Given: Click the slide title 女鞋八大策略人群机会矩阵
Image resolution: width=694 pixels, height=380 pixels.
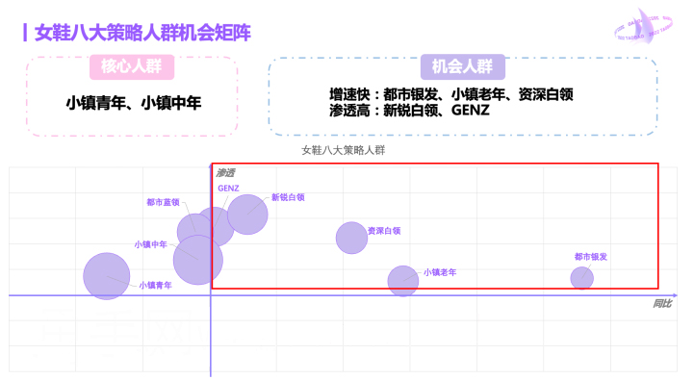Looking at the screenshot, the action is click(x=142, y=33).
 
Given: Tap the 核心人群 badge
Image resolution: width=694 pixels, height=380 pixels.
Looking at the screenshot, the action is click(x=132, y=67).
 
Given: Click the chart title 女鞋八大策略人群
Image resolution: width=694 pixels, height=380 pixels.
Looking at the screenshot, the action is click(x=343, y=150).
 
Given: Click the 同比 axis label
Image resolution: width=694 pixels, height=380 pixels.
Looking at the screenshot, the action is click(x=662, y=304).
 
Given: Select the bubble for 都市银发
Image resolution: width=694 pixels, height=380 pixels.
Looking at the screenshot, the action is click(x=581, y=278).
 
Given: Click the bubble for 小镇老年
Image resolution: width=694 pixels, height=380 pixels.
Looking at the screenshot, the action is click(x=403, y=280).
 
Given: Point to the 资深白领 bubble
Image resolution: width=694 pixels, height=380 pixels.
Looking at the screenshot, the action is click(x=351, y=237).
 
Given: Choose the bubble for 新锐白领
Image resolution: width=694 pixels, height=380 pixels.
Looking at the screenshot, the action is click(x=247, y=215).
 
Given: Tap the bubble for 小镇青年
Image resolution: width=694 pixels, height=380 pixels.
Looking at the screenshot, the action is click(x=106, y=276).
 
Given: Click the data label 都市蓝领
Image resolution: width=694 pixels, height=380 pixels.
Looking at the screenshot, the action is click(x=163, y=203).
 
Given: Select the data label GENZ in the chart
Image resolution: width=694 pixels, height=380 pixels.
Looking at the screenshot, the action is click(x=228, y=188).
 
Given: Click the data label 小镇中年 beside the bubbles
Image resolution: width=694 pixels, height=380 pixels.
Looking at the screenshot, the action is click(x=150, y=244).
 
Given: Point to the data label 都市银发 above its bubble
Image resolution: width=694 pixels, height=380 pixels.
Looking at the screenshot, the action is click(x=590, y=257).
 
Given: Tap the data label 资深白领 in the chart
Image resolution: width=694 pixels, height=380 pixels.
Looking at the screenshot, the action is click(x=384, y=231).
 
